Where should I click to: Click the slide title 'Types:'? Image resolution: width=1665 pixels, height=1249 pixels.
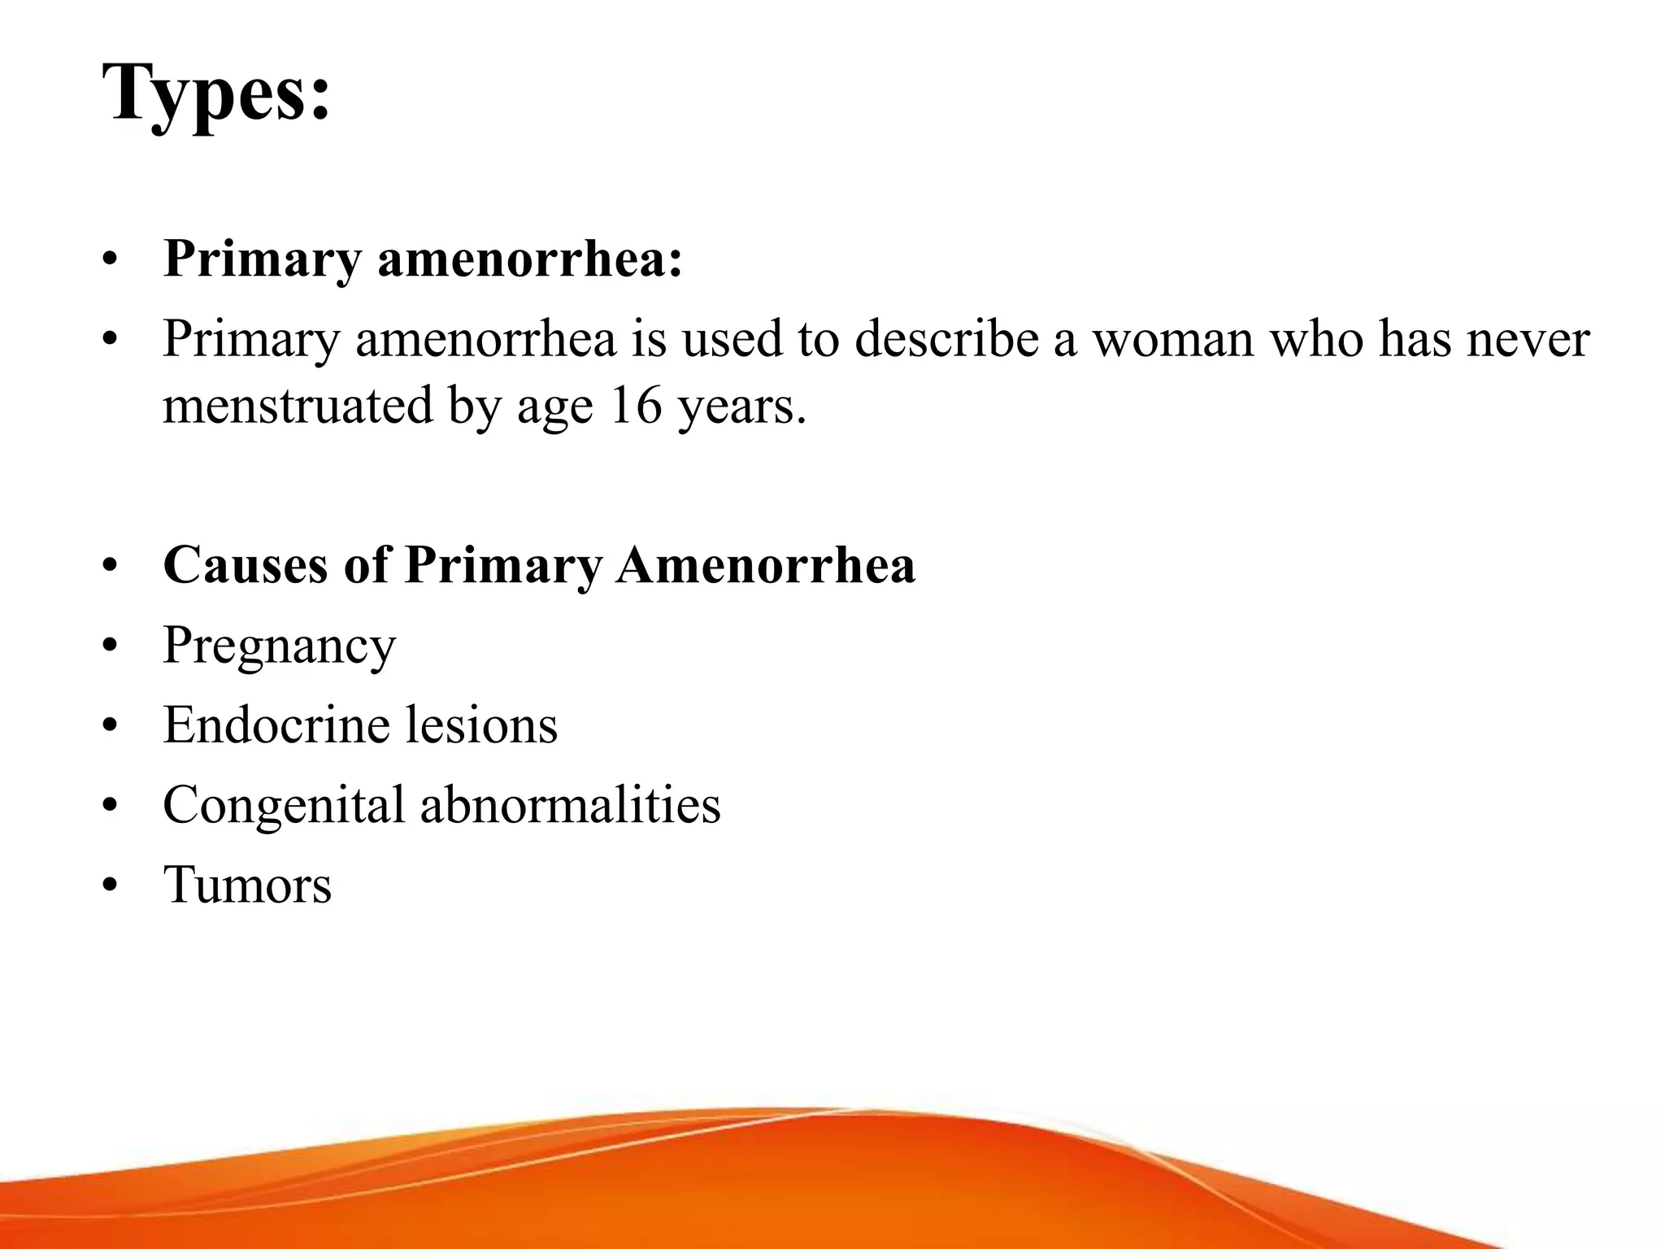coord(216,94)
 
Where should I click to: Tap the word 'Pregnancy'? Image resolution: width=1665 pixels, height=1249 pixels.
coord(279,646)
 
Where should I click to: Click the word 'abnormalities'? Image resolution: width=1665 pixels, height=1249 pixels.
coord(570,804)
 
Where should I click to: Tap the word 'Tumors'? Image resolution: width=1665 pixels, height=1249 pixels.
coord(247,884)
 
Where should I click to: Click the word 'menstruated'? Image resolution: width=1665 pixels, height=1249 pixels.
coord(298,406)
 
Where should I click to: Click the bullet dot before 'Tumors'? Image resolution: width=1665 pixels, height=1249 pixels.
coord(111,885)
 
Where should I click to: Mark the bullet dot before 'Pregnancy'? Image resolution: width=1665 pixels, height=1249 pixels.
coord(111,646)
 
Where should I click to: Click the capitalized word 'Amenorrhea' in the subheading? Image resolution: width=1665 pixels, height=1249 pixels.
coord(765,564)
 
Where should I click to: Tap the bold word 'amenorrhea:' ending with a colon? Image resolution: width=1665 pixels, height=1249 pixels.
coord(530,259)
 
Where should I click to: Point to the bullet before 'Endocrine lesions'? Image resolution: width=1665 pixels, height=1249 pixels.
coord(111,725)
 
